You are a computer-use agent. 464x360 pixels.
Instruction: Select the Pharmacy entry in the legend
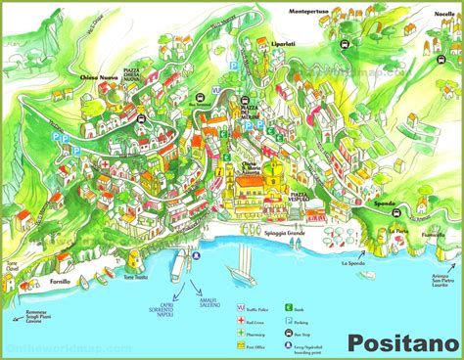pos(256,332)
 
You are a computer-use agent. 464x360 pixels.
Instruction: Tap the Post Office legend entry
pos(256,345)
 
